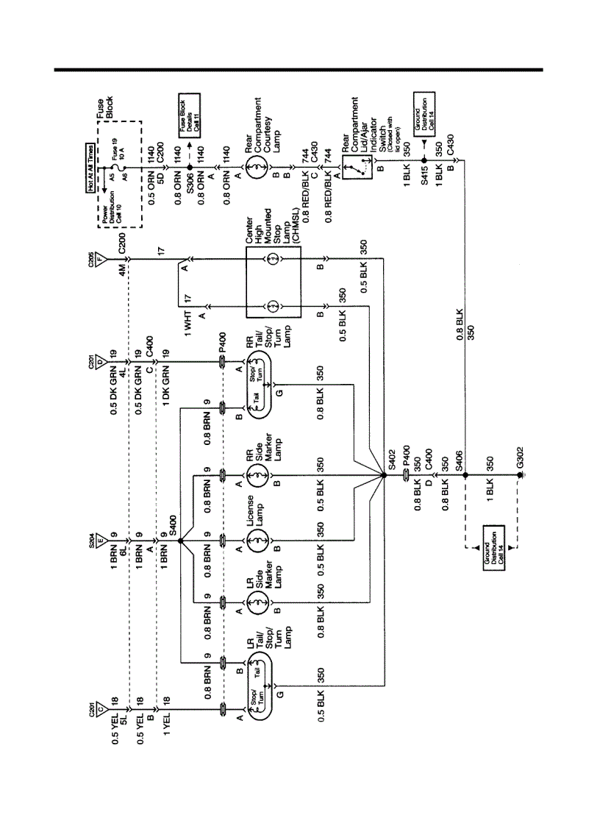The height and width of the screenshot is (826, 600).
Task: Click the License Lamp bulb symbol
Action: pyautogui.click(x=257, y=543)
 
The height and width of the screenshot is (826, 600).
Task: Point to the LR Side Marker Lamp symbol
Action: pyautogui.click(x=257, y=605)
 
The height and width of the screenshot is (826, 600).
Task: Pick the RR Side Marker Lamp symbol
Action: pyautogui.click(x=257, y=480)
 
